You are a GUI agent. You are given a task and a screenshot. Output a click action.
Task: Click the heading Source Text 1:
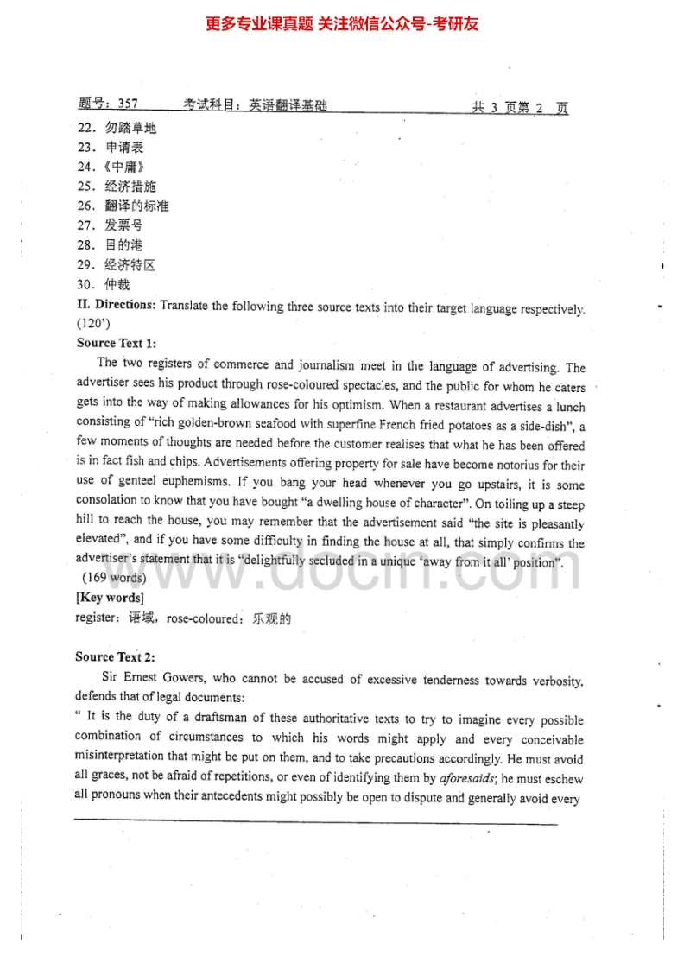coord(117,343)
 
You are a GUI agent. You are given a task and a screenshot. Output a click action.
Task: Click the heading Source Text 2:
coord(115,657)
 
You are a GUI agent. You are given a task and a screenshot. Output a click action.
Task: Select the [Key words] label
coord(110,598)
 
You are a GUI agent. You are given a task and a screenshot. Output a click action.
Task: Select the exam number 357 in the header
coord(126,104)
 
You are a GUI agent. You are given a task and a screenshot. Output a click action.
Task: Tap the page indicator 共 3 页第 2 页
coord(519,107)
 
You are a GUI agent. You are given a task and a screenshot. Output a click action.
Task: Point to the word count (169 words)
coord(114,578)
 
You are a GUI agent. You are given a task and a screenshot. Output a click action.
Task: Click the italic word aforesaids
coord(466,779)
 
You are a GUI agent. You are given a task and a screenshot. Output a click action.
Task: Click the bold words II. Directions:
coord(117,305)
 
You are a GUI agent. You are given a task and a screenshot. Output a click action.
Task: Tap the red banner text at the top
coord(342,23)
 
